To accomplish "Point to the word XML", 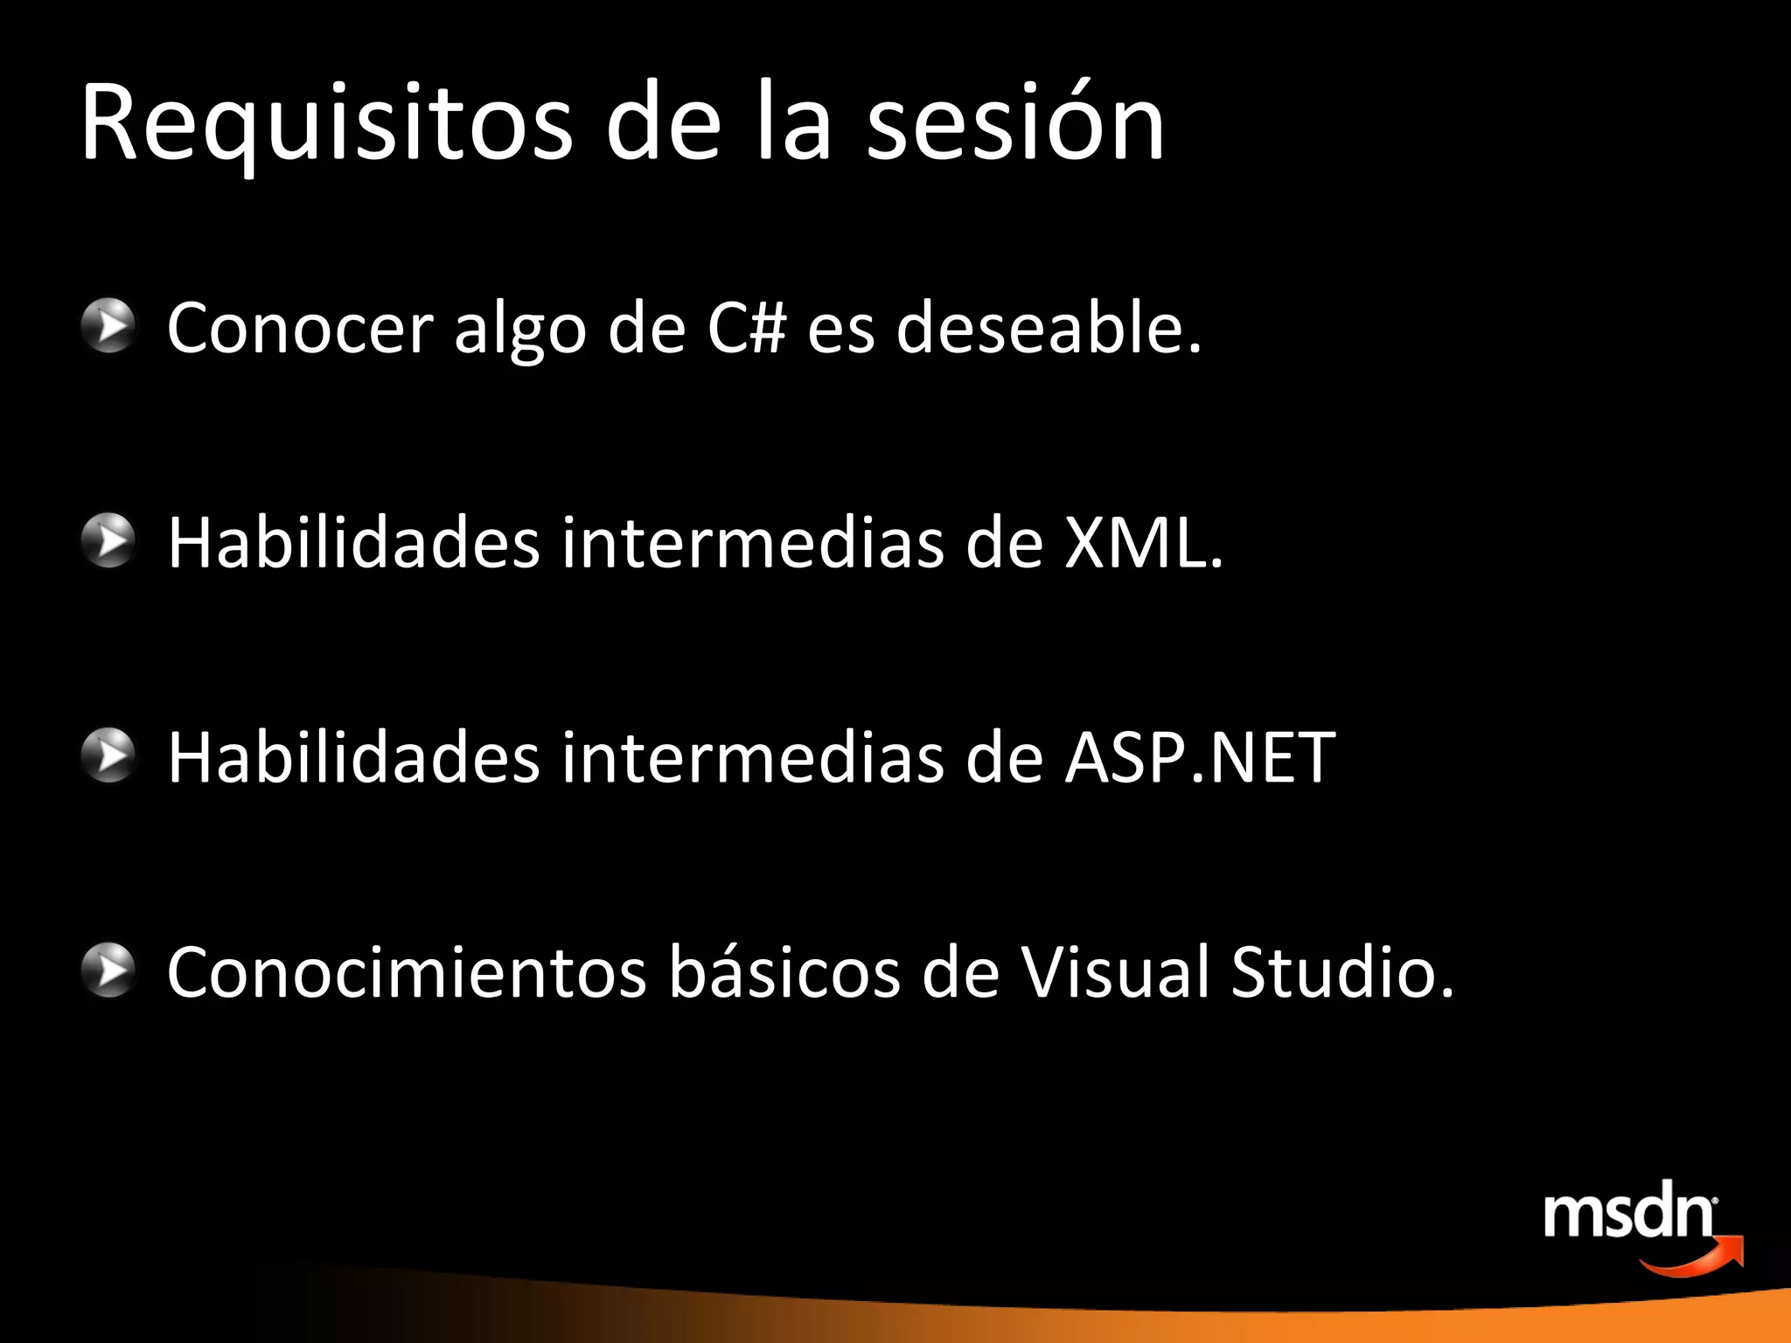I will coord(1142,543).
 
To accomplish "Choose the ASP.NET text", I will coord(1200,757).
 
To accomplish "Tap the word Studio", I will coord(1342,971).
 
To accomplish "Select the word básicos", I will coord(784,971).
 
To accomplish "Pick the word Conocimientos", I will coord(407,971).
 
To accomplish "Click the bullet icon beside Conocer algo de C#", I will coord(108,326).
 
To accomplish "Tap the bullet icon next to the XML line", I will coord(108,541).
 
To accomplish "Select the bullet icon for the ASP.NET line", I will coord(108,755).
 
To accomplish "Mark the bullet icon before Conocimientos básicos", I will coord(108,971).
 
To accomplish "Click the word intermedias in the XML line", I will coord(753,543).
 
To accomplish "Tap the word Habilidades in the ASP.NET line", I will coord(353,757).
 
